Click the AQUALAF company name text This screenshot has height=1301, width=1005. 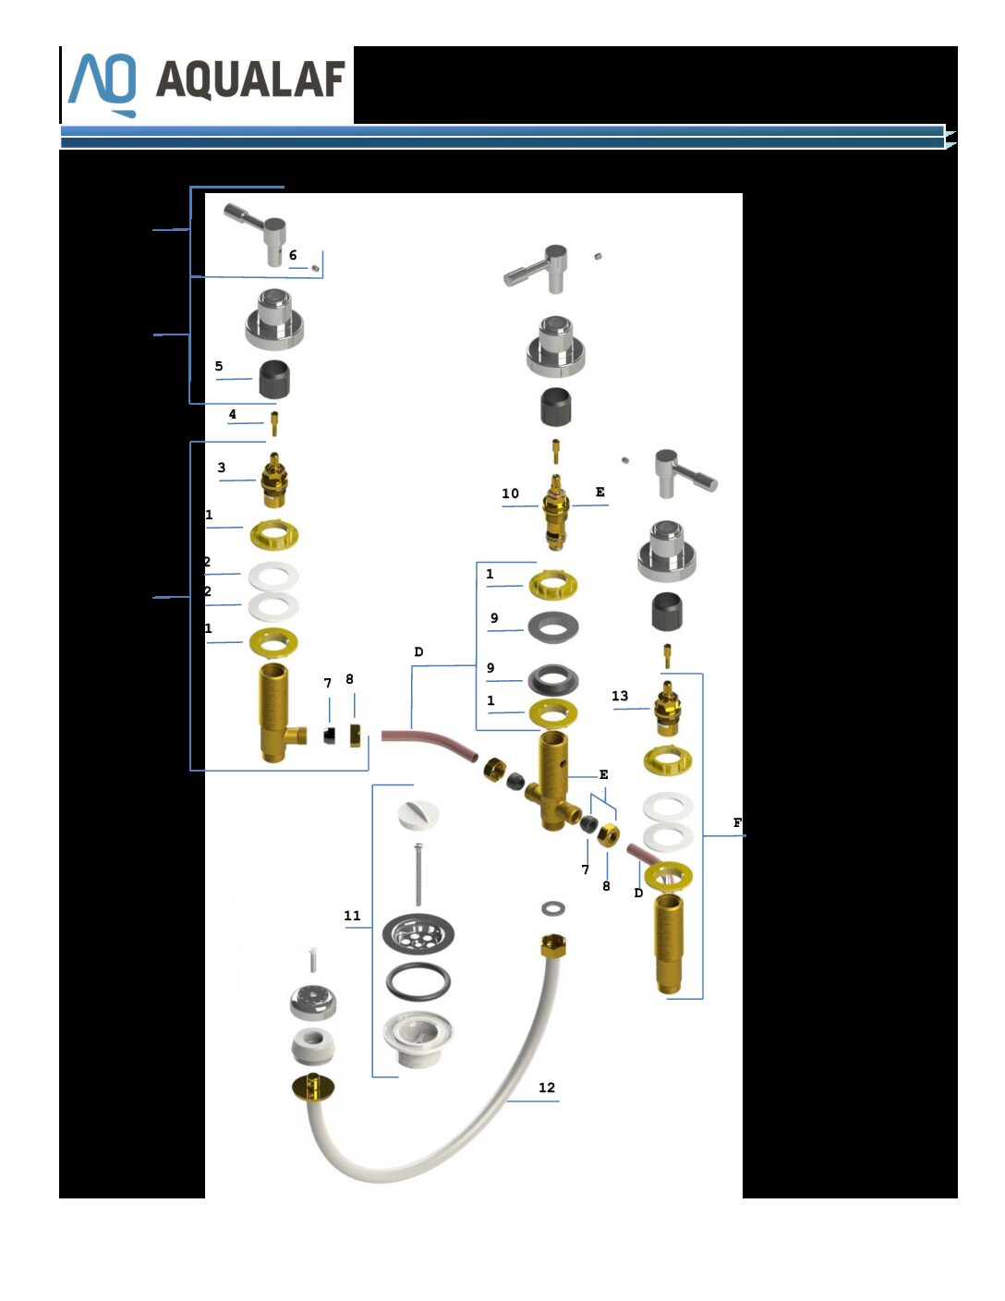coord(250,79)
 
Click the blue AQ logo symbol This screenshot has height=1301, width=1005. coord(103,84)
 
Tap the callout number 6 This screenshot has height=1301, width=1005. coord(293,255)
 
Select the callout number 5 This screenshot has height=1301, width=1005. coord(219,366)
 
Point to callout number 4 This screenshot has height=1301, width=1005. coord(232,414)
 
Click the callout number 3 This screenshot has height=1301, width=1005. coord(222,467)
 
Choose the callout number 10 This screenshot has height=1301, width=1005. coord(510,493)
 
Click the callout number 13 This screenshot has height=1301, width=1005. coord(620,696)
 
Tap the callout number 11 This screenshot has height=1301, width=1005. coord(352,916)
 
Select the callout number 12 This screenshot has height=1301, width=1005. coord(547,1088)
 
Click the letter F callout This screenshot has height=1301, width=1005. coord(737,822)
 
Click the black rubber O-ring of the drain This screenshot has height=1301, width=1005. coord(418,982)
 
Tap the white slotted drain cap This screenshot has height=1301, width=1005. coord(418,816)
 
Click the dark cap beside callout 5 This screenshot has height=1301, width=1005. coord(274,379)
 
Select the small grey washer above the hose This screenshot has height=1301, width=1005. coord(553,909)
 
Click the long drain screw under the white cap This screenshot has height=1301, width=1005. coord(418,873)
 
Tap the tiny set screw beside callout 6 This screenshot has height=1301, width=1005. coord(315,268)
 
